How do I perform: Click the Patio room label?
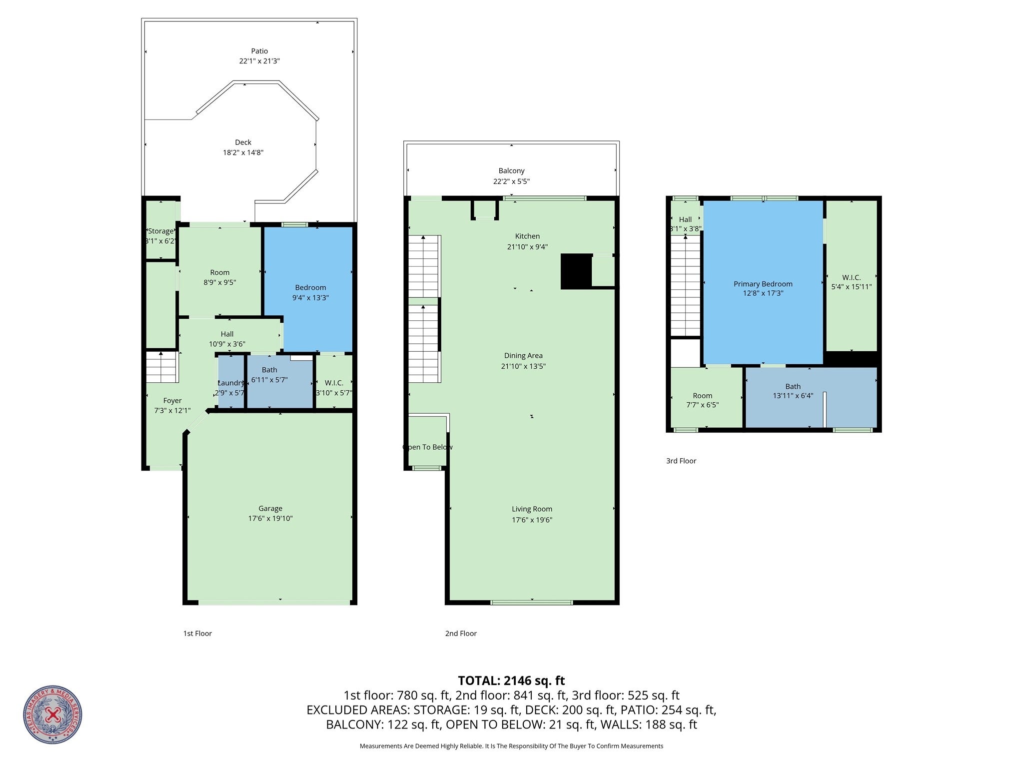259,51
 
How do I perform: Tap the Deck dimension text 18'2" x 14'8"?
243,152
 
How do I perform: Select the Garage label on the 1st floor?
270,508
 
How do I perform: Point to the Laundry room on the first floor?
231,383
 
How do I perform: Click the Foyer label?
172,401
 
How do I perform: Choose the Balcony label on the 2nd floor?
511,171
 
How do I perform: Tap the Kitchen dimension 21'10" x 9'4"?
527,246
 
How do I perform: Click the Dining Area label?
523,356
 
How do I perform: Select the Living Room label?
532,509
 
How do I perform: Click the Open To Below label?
427,447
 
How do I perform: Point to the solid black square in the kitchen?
576,271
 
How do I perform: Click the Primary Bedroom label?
763,284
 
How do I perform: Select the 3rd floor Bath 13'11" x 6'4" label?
793,386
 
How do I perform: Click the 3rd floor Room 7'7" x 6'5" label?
702,396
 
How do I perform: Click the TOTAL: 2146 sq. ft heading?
511,681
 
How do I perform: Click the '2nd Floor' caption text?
461,634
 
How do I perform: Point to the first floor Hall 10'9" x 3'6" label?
227,334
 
